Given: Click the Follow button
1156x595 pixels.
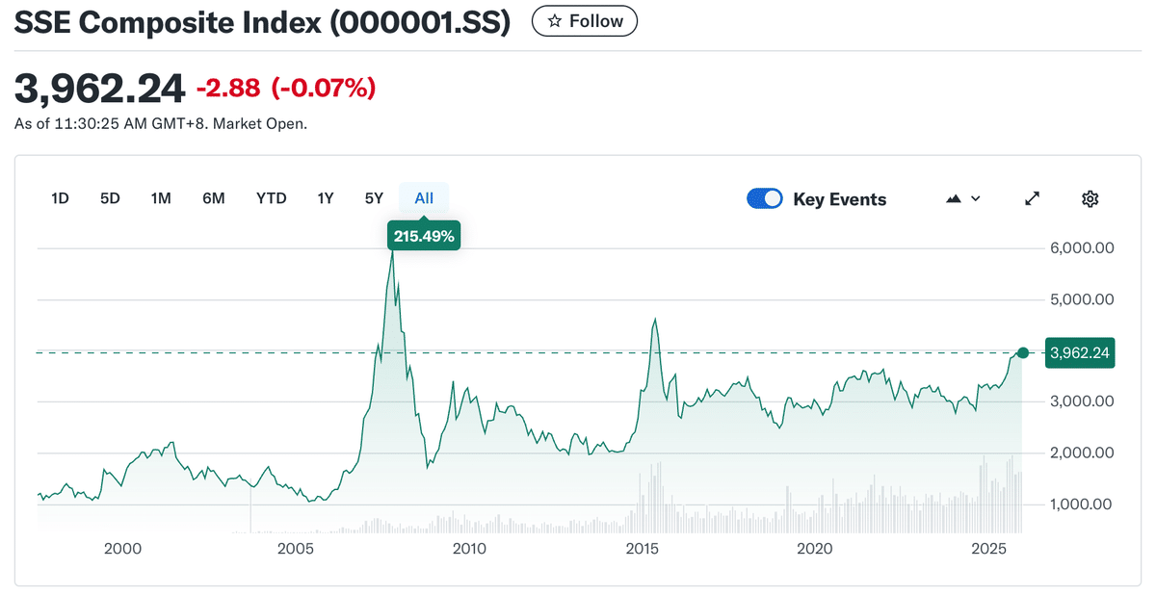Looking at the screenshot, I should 585,21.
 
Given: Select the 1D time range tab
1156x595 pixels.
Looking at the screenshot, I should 60,198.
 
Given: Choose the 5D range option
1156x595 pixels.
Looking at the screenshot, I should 110,198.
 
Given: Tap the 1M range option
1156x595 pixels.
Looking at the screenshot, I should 161,198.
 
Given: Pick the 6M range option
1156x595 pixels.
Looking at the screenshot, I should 213,198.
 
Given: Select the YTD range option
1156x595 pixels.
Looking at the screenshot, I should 271,198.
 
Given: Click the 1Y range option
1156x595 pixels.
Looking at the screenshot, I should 326,198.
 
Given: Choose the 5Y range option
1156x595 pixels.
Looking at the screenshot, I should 374,198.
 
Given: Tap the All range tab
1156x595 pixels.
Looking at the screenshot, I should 424,198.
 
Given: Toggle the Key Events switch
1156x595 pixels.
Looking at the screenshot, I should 765,198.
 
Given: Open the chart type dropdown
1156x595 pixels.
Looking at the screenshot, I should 963,198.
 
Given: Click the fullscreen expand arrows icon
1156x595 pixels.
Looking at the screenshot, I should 1032,198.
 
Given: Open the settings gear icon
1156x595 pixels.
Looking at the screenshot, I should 1090,198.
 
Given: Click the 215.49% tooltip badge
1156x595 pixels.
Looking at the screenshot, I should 424,235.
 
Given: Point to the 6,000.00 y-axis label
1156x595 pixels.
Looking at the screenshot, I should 1081,247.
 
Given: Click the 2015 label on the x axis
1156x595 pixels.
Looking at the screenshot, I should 642,549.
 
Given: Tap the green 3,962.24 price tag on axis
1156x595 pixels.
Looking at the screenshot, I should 1080,353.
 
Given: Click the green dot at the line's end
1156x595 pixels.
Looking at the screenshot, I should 1023,353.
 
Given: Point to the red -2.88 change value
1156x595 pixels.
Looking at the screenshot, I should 228,89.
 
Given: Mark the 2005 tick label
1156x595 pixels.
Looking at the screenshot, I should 296,549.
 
